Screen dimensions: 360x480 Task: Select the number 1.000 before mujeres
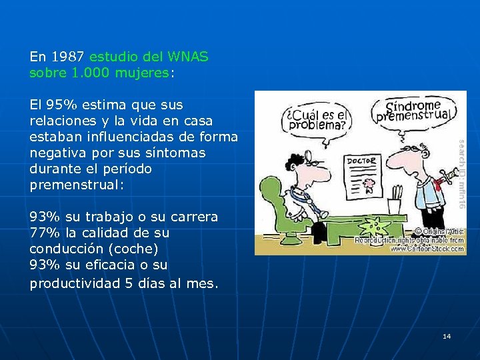(x=91, y=73)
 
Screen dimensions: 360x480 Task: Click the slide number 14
(x=447, y=336)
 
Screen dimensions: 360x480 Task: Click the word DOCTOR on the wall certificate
(x=361, y=161)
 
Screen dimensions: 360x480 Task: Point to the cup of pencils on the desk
(x=397, y=193)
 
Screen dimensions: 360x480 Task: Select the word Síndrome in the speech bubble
(x=413, y=105)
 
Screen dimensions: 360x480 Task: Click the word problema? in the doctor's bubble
(x=315, y=124)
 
